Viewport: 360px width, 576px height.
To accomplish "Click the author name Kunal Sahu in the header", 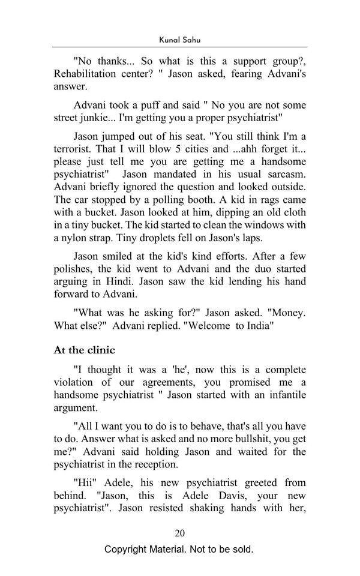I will point(179,39).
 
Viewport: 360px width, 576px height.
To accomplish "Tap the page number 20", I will point(179,533).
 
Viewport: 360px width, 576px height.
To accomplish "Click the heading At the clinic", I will point(84,350).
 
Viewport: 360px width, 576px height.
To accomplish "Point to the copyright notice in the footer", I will point(179,549).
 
